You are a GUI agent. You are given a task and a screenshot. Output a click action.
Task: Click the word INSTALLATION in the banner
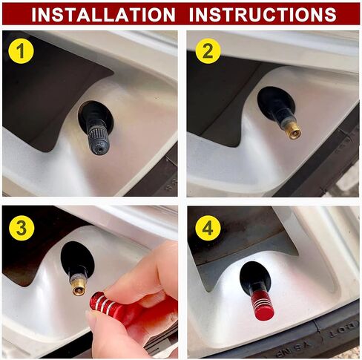(103, 14)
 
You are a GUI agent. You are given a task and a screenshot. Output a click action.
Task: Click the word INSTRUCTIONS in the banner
(263, 14)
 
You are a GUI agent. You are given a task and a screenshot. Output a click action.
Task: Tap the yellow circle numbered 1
(21, 51)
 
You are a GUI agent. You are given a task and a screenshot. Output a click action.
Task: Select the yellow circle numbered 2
(208, 51)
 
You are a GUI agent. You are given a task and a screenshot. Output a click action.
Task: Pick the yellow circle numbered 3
(22, 228)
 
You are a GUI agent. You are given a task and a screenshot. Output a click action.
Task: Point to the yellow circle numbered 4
(208, 228)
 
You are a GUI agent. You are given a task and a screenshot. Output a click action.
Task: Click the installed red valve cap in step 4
(262, 304)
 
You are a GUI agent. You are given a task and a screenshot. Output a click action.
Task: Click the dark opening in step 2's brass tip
(294, 135)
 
